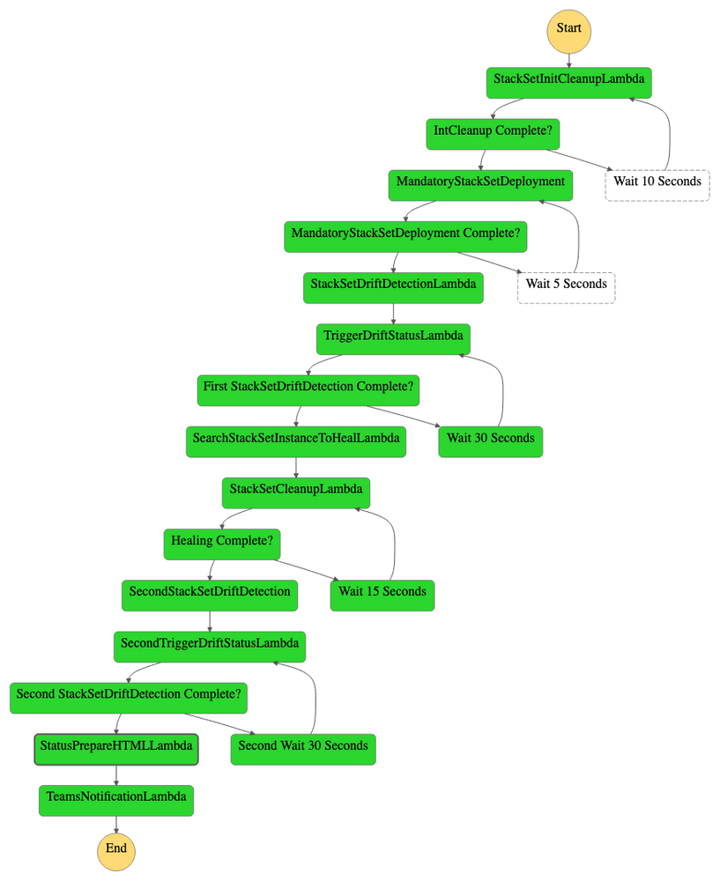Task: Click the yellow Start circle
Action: [x=568, y=28]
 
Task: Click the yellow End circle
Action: [x=116, y=849]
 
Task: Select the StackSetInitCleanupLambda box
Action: [x=568, y=80]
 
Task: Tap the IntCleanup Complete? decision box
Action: [x=494, y=131]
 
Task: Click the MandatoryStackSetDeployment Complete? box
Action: [x=405, y=234]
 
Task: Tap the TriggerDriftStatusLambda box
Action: [x=393, y=337]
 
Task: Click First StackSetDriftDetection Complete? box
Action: [x=308, y=388]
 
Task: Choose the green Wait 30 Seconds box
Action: [x=490, y=439]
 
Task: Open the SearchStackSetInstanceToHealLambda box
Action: [x=296, y=439]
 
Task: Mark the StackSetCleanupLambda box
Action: [x=296, y=490]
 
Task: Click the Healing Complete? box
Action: [x=221, y=542]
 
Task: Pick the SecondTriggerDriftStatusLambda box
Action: [x=209, y=644]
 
